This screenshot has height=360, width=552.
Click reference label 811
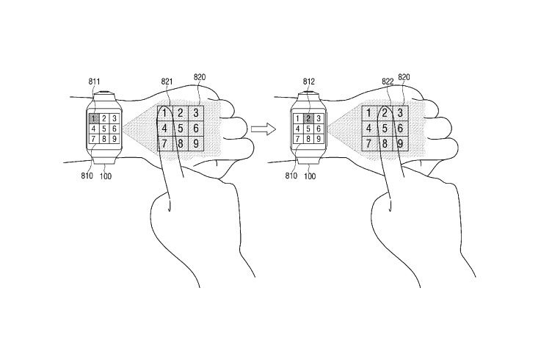coord(95,82)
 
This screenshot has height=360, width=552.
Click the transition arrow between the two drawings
coord(262,129)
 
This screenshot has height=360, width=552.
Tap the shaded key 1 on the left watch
coord(94,118)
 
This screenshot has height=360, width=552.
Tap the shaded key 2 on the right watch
coord(310,118)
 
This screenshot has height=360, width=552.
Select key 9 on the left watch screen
coord(115,139)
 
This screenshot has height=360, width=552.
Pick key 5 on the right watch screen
coord(310,129)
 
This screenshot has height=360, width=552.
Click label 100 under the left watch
coord(105,177)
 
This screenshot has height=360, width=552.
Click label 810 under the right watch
coord(292,177)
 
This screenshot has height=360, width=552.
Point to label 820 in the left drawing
coord(199,76)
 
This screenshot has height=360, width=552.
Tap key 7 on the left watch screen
coord(94,139)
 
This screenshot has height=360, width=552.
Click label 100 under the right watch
coord(310,177)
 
